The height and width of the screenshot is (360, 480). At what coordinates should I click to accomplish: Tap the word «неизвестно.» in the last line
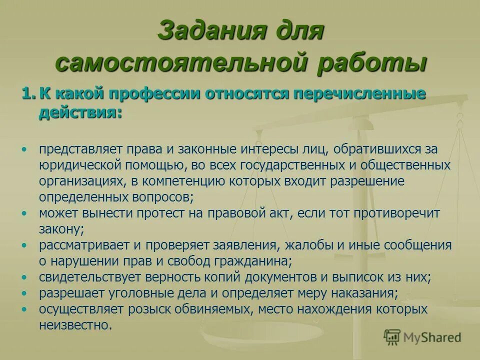coord(75,325)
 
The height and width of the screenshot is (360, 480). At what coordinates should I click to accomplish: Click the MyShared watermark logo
coord(422,337)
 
